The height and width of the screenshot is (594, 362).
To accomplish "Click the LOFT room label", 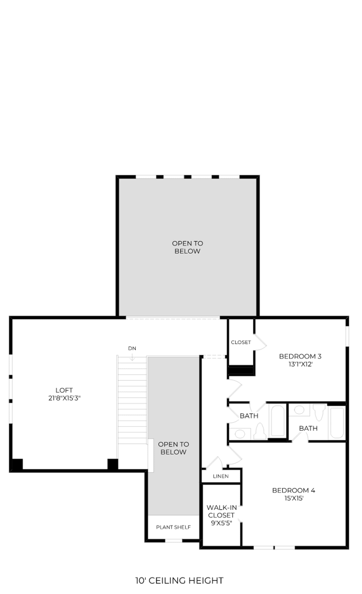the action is [64, 390].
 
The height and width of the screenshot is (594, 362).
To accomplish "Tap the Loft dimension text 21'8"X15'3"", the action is [64, 398].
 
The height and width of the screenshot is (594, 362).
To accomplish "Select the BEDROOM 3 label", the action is [300, 356].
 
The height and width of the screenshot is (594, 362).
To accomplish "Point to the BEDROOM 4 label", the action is [294, 490].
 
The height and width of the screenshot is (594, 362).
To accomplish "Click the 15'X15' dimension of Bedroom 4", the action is [294, 498].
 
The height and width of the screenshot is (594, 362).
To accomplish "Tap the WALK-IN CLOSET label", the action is [221, 511].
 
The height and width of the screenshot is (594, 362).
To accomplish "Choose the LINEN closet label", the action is [221, 476].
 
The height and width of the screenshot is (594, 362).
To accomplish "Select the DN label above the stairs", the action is [132, 348].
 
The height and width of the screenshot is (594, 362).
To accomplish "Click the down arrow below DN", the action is [132, 357].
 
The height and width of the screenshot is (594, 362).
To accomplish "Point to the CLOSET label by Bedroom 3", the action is [241, 342].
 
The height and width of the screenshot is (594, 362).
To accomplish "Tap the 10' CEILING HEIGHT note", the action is [179, 581].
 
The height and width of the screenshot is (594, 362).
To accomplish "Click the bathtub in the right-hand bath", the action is [337, 423].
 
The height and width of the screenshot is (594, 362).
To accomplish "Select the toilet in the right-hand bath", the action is [319, 412].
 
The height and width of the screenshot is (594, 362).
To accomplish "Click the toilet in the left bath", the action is [260, 431].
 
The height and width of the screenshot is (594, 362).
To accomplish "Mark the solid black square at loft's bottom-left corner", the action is [17, 464].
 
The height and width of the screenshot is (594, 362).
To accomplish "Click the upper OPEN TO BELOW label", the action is [187, 247].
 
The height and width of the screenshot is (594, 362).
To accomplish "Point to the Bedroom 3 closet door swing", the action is [260, 342].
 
